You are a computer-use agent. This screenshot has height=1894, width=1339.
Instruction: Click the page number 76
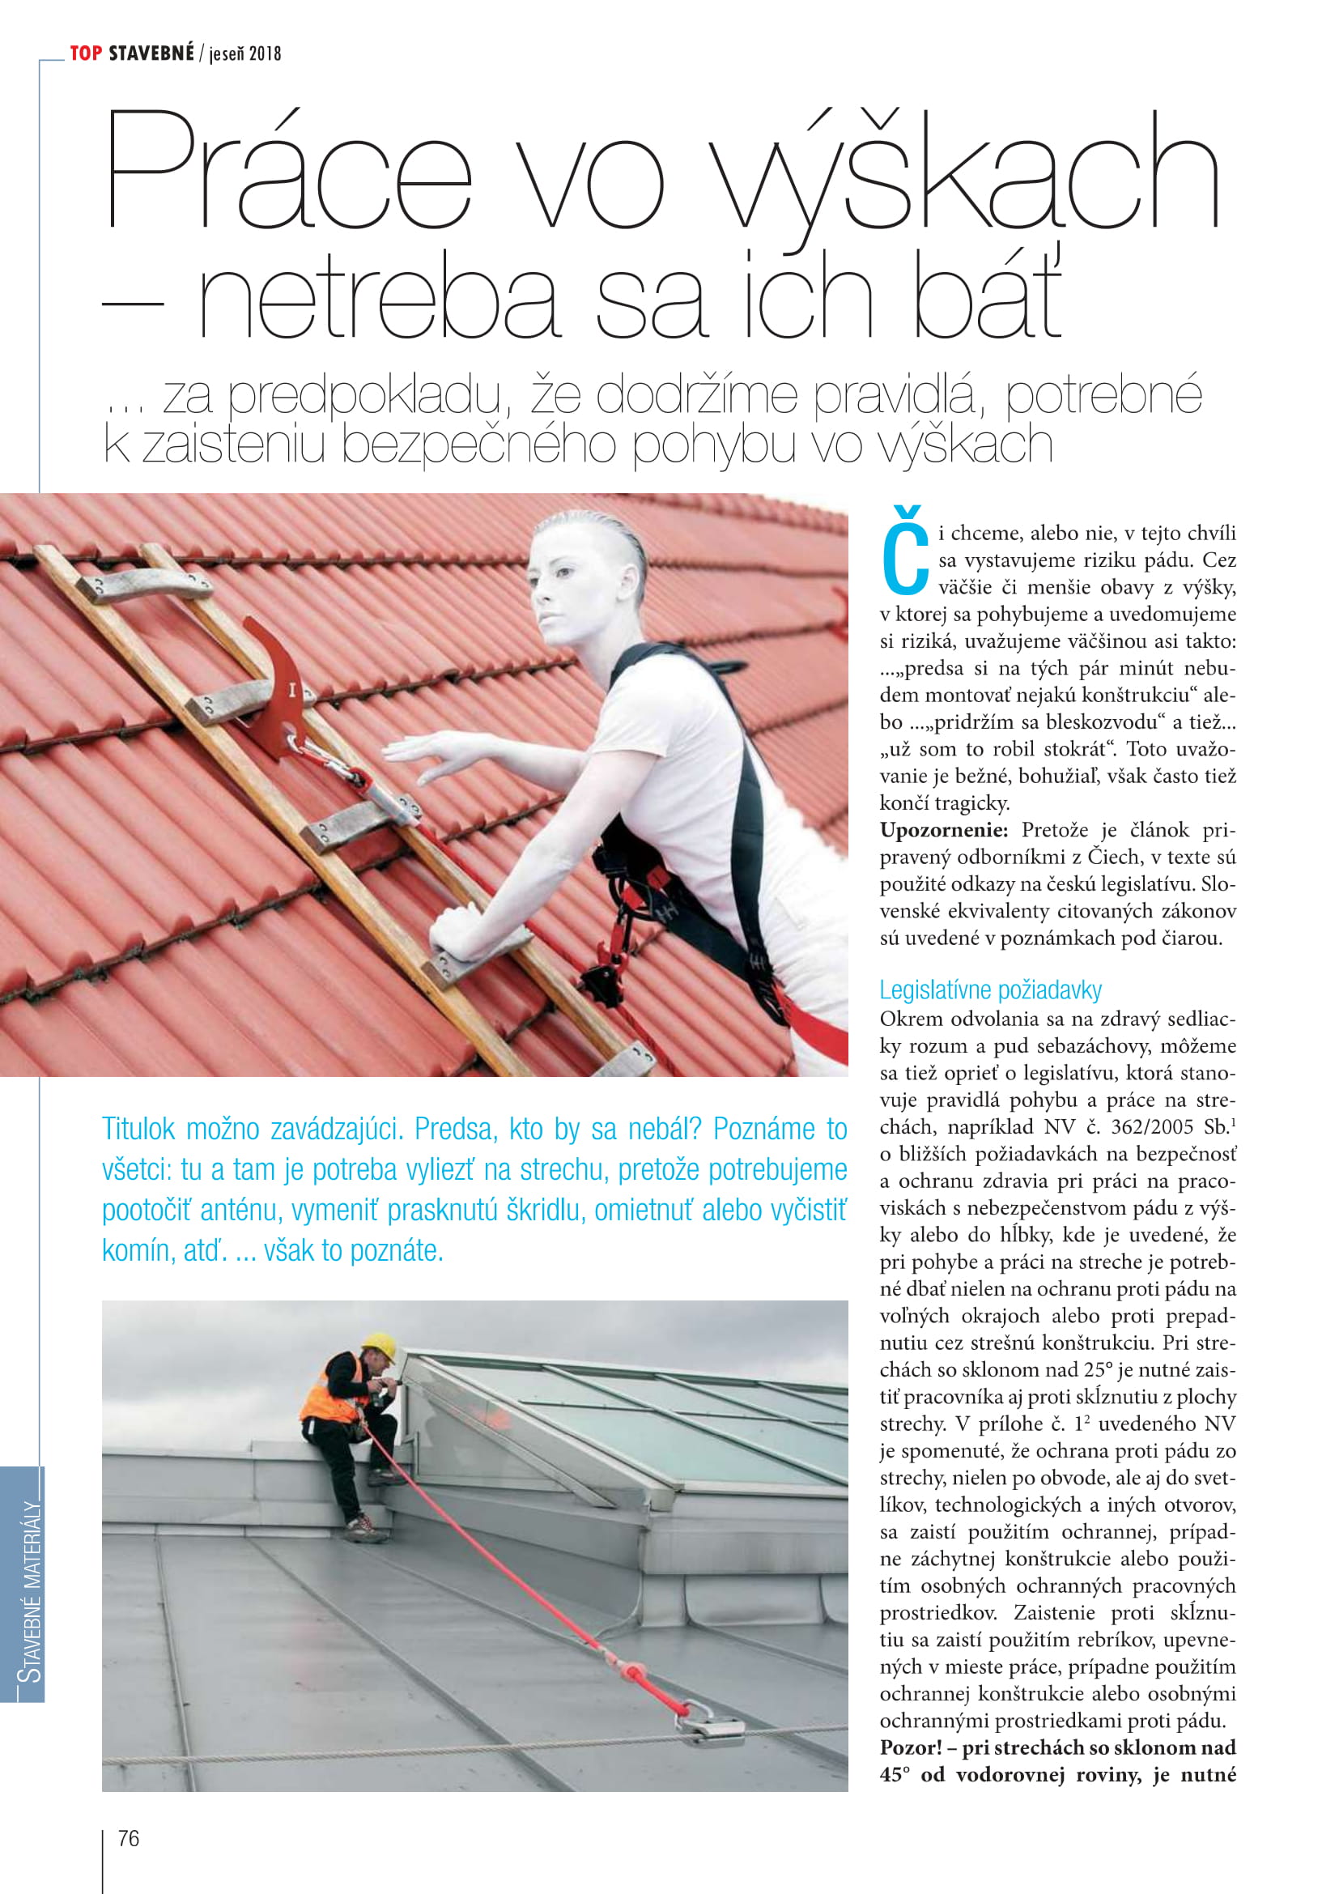point(129,1838)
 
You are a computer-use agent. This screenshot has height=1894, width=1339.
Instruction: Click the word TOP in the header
point(86,53)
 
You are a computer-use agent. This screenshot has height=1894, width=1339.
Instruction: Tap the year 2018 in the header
point(265,54)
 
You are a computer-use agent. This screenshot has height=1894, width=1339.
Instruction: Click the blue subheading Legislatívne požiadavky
point(989,990)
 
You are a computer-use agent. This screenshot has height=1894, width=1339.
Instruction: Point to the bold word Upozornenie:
point(943,830)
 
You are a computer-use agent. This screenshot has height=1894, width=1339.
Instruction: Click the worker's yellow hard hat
point(380,1347)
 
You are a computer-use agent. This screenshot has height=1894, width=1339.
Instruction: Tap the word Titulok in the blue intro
point(138,1129)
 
